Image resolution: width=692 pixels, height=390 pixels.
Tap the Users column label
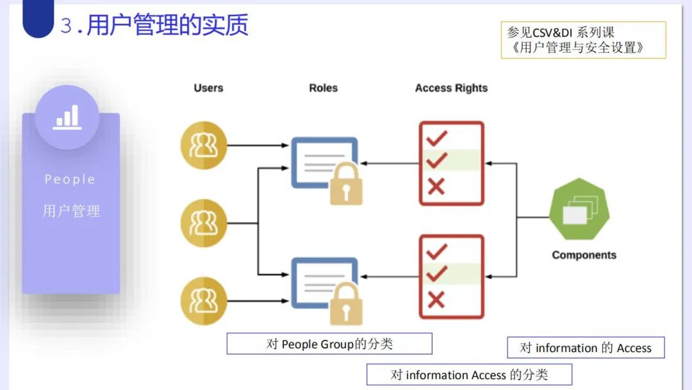pos(208,88)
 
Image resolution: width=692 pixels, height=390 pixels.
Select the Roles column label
pos(323,88)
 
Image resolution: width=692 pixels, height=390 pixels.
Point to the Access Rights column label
pos(451,88)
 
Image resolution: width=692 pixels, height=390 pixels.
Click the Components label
pos(584,255)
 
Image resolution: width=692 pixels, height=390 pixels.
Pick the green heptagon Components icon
pos(579,210)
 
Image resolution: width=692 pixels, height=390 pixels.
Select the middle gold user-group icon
pos(204,223)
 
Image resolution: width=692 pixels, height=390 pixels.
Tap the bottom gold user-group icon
pos(204,301)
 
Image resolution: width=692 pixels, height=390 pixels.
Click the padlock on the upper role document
pos(346,184)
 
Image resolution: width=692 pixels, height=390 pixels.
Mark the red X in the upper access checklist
pos(436,187)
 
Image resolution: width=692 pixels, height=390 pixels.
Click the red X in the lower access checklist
pos(436,300)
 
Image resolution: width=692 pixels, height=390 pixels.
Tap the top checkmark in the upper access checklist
pos(436,138)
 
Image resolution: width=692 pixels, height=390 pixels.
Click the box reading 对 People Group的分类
pos(329,344)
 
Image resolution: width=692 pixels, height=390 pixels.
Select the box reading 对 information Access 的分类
pos(469,375)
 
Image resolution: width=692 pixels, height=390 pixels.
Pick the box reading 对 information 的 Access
pos(586,348)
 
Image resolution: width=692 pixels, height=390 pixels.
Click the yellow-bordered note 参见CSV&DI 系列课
pos(583,40)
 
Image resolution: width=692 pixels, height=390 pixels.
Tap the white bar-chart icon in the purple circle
pos(67,117)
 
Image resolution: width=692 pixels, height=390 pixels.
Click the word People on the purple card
pos(70,180)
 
